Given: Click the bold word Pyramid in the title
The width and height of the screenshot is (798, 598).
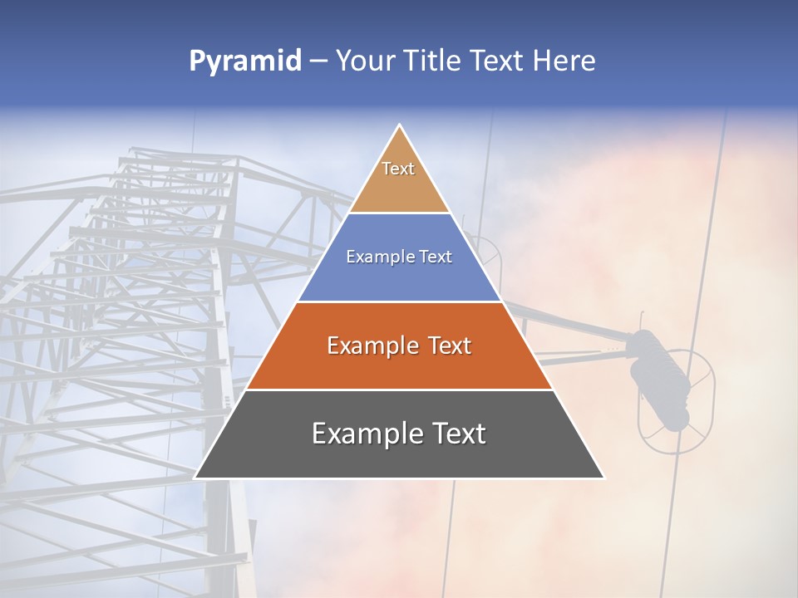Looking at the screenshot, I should click(244, 61).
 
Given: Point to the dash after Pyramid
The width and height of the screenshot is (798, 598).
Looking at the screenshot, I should click(318, 61).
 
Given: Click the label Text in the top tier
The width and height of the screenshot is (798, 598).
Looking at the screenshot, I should click(398, 169).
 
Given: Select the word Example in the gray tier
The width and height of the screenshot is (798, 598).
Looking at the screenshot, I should click(362, 434).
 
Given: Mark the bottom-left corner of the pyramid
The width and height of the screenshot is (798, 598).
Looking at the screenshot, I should click(195, 478).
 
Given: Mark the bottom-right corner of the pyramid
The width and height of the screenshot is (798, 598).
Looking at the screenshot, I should click(603, 478).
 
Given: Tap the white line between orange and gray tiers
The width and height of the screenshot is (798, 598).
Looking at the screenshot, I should click(399, 390).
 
